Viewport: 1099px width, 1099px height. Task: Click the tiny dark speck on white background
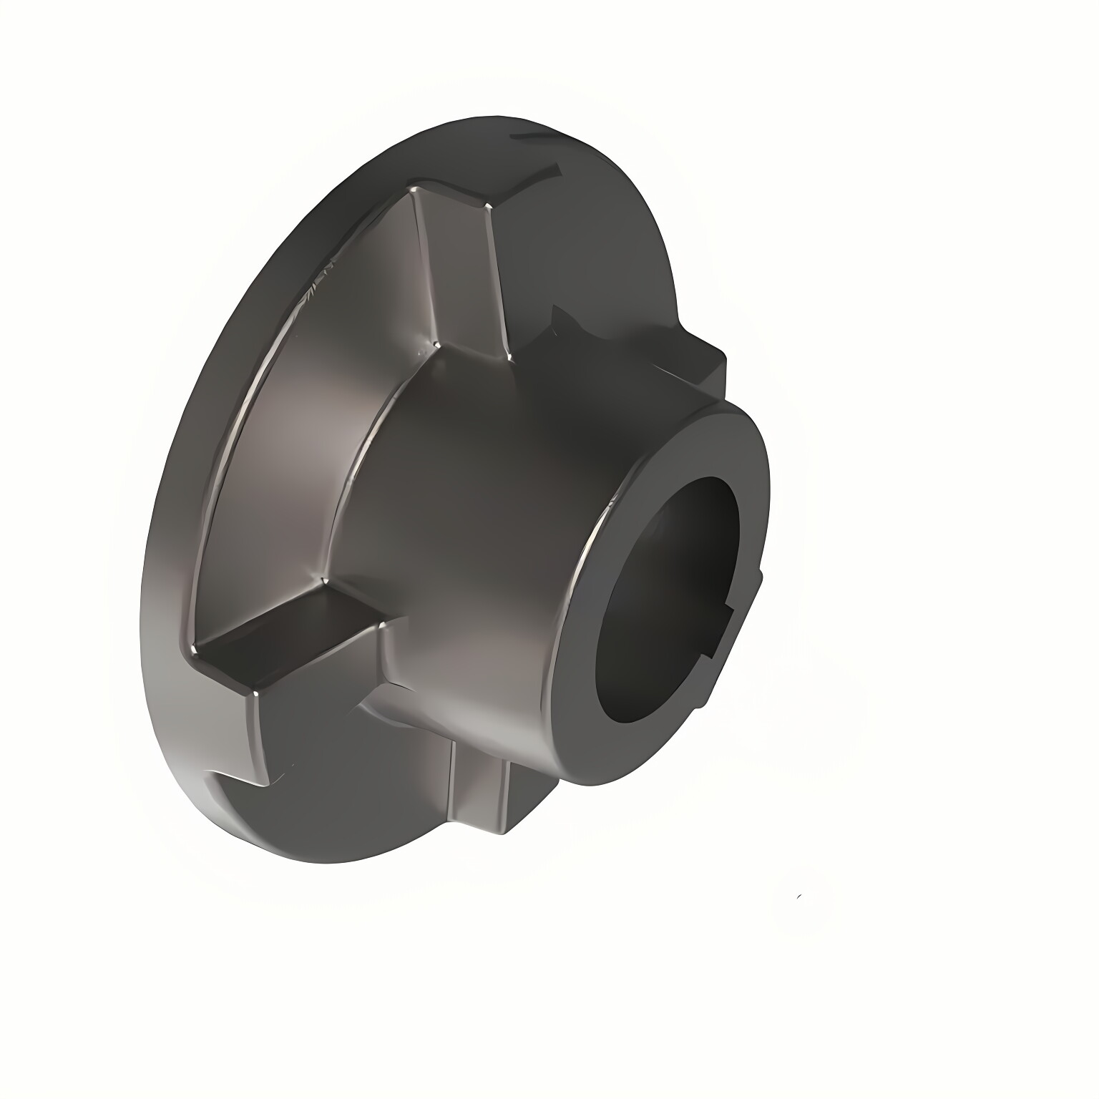pyautogui.click(x=798, y=896)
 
